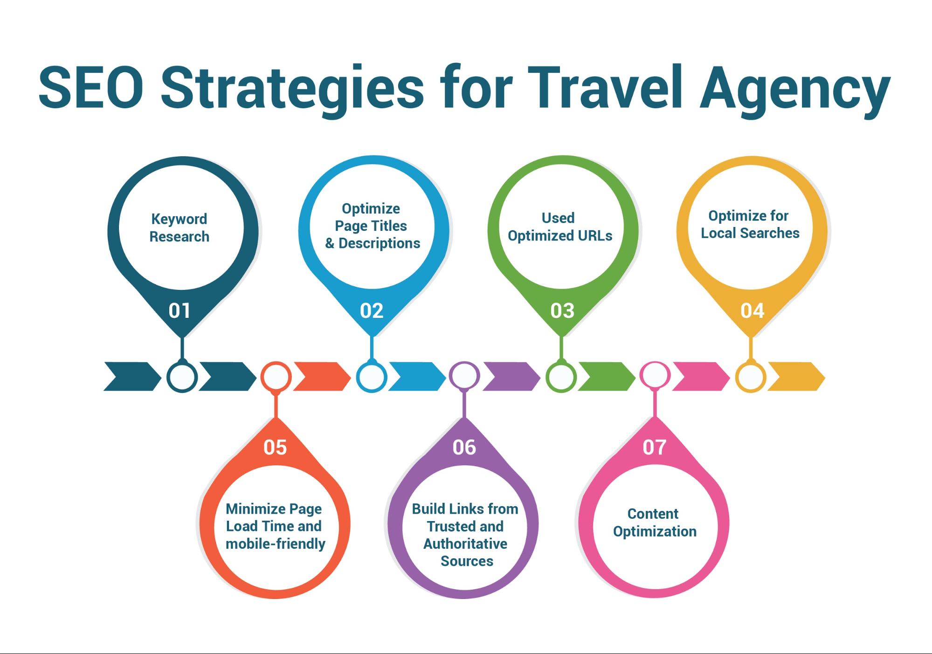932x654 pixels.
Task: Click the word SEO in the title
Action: (91, 87)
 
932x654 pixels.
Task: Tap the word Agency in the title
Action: (795, 91)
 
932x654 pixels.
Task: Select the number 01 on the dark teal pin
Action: (179, 311)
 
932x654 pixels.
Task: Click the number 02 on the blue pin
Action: (372, 311)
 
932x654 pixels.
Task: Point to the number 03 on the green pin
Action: (562, 311)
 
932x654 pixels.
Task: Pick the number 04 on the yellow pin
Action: (753, 311)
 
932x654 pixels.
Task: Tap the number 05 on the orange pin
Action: (275, 447)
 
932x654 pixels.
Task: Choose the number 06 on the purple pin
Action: (464, 447)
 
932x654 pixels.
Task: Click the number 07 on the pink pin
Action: (654, 447)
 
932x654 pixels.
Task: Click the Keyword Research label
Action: (179, 228)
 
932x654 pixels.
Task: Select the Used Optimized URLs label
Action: (560, 227)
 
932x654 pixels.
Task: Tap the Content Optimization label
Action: (655, 523)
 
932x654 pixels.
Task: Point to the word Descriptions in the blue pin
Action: (379, 243)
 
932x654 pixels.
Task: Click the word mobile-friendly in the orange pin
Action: (276, 544)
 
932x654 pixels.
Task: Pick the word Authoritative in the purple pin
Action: (465, 544)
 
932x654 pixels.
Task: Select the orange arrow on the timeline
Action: (322, 377)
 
